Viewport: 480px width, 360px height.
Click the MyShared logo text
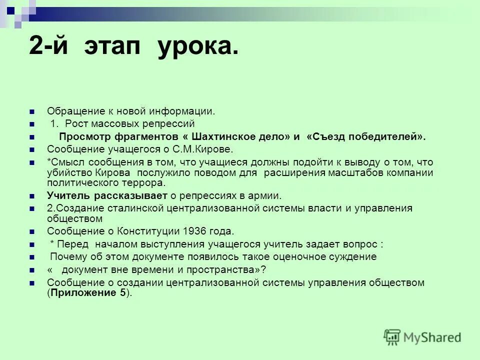click(x=432, y=337)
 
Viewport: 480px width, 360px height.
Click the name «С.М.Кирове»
click(x=202, y=149)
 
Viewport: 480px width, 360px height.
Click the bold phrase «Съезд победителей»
click(x=365, y=137)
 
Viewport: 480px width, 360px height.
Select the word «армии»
click(x=260, y=195)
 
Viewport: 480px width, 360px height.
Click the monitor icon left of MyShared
click(x=392, y=337)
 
